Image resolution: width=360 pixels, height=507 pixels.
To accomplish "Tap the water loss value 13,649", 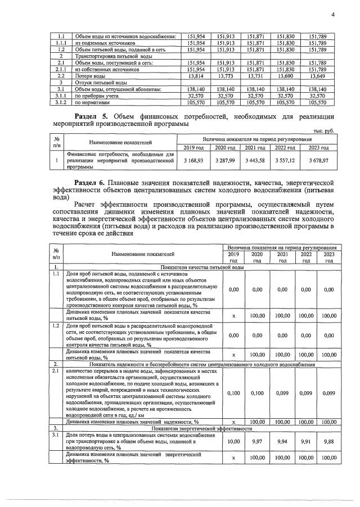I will tap(318, 75).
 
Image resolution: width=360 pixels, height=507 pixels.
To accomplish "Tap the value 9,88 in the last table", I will tap(328, 441).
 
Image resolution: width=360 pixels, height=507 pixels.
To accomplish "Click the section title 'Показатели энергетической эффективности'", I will tap(200, 428).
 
